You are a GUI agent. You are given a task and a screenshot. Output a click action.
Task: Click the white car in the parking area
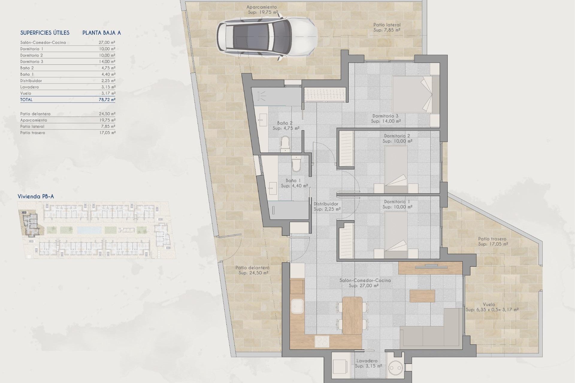click(267, 36)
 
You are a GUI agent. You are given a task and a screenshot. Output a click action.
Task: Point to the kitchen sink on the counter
click(297, 307)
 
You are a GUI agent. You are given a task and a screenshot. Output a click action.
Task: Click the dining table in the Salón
click(352, 315)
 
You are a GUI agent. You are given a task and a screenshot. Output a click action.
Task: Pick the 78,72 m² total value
click(107, 100)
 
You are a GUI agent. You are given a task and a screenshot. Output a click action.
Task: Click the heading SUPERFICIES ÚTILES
click(45, 33)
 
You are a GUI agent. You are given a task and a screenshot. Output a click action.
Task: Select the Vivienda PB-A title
click(36, 197)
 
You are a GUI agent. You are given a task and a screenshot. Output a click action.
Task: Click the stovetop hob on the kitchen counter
click(322, 341)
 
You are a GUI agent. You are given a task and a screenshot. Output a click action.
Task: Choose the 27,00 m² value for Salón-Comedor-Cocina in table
click(107, 42)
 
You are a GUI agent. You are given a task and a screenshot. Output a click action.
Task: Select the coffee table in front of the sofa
click(422, 296)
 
